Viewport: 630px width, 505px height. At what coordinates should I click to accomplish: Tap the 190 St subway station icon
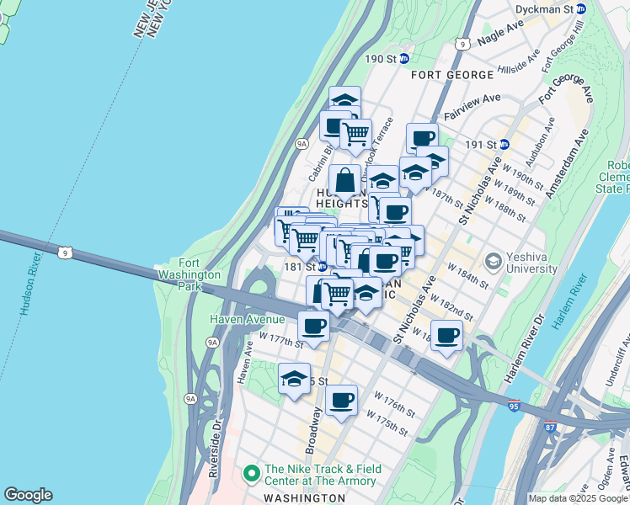[404, 58]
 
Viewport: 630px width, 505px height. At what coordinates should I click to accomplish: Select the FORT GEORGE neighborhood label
[452, 75]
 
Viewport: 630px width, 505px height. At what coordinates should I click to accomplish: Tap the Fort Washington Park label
[200, 274]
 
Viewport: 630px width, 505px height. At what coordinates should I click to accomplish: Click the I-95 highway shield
[514, 406]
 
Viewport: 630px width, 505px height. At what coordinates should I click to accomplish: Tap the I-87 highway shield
[551, 428]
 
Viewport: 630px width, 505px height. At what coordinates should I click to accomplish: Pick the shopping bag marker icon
[345, 181]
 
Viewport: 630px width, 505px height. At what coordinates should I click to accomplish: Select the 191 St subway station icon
[505, 144]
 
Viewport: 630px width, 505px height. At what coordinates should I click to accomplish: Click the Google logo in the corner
[28, 495]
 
